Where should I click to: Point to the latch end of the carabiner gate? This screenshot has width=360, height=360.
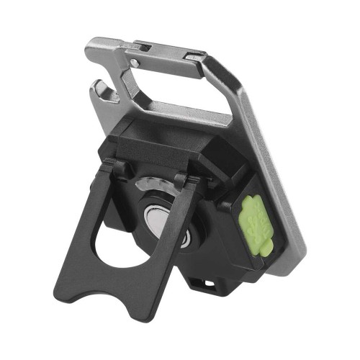coord(194,56)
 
